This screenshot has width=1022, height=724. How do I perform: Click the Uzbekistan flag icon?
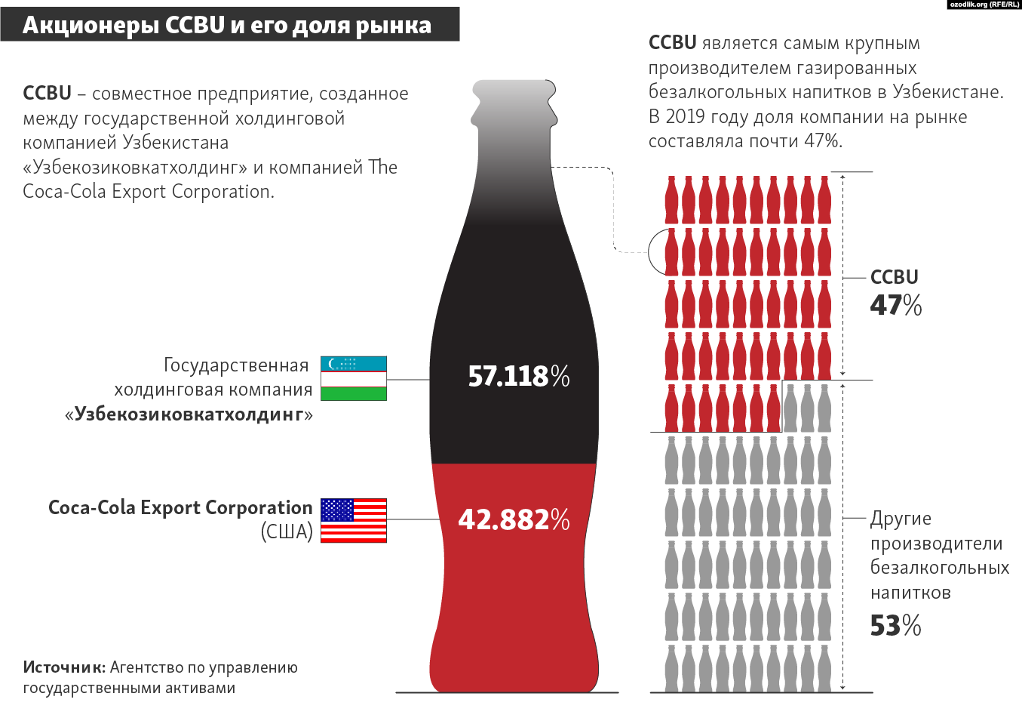tap(353, 378)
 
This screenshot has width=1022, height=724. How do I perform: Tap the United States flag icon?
tap(353, 520)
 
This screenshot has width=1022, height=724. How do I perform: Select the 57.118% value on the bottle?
tap(518, 376)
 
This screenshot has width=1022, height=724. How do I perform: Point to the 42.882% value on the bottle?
tap(514, 519)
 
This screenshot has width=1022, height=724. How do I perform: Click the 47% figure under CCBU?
tap(895, 305)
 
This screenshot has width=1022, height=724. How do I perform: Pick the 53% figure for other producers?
tap(895, 626)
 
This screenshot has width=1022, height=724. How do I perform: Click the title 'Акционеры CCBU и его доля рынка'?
tap(227, 25)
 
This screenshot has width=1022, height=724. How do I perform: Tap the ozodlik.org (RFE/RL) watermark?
tap(984, 5)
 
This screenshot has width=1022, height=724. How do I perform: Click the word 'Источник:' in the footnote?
tap(64, 667)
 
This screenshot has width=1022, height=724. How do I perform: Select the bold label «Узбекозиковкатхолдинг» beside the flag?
tap(189, 414)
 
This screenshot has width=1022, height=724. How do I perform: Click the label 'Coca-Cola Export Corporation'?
tap(180, 507)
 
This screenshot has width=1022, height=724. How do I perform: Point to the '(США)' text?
tap(287, 531)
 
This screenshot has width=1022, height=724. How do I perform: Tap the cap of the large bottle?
tap(514, 91)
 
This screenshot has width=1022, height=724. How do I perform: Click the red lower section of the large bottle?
tap(514, 589)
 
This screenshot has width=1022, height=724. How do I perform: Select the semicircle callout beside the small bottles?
tap(656, 252)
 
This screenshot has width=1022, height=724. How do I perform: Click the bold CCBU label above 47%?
tap(894, 277)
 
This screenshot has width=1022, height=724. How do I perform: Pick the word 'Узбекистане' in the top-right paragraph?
tap(947, 92)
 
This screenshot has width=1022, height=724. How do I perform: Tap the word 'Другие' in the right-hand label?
tap(901, 519)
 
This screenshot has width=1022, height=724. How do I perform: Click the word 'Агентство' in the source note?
tap(146, 667)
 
